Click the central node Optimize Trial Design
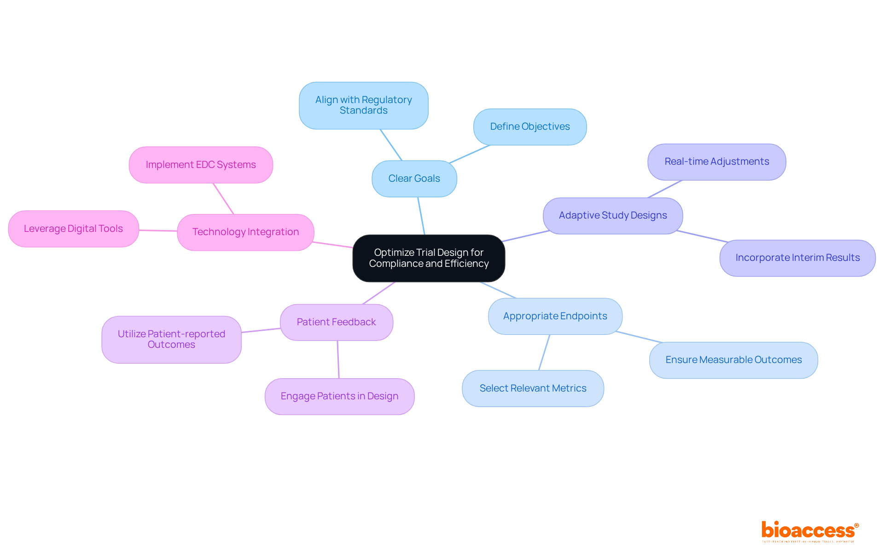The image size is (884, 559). [x=429, y=258]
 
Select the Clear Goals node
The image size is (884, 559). [x=414, y=179]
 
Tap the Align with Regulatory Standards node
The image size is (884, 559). [x=363, y=105]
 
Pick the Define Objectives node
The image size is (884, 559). [x=529, y=127]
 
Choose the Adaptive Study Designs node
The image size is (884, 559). [x=612, y=215]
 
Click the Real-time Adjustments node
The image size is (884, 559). [x=716, y=161]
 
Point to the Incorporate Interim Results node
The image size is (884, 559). [x=797, y=258]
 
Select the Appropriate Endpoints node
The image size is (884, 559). [x=555, y=316]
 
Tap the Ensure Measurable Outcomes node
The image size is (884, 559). [x=733, y=360]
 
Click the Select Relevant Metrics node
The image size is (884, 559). [x=533, y=388]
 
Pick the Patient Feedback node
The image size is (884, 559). [x=336, y=322]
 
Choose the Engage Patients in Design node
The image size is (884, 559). [x=339, y=396]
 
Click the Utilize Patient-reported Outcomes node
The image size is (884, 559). [x=171, y=339]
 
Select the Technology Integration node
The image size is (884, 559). [x=245, y=232]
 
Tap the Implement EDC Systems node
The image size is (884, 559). [x=201, y=165]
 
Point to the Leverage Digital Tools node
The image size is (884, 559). [x=73, y=229]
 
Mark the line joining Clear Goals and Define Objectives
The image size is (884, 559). [x=470, y=154]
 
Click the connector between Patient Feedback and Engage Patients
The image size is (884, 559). [x=338, y=359]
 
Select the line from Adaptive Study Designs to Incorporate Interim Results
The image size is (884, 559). [x=702, y=236]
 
